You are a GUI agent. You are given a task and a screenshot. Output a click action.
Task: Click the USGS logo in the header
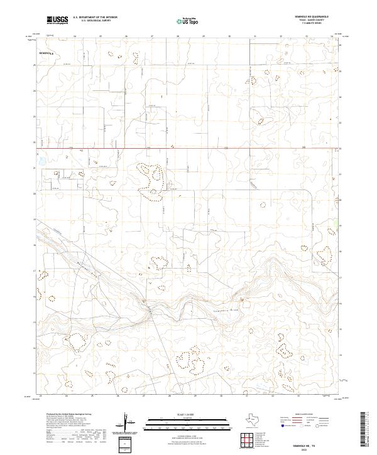[57, 19]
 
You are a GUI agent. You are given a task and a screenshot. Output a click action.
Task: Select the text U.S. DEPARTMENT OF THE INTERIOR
[94, 17]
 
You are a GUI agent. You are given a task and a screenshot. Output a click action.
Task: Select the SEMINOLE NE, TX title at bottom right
[314, 444]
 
